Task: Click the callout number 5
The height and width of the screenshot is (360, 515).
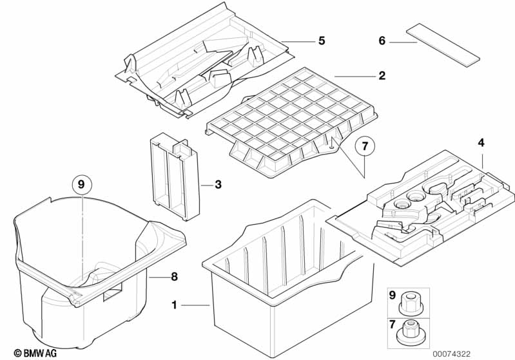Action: click(x=321, y=41)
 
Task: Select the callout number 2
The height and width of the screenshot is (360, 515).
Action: click(x=382, y=76)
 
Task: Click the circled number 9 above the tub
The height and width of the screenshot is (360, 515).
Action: click(x=81, y=185)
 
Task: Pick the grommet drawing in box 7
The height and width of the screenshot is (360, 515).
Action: click(x=410, y=330)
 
